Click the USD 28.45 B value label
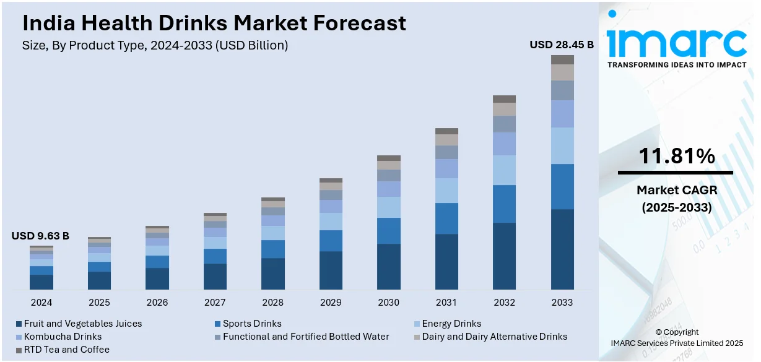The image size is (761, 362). pos(561,45)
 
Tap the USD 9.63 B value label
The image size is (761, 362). pos(40,236)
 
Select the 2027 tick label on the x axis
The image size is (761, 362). pos(215,303)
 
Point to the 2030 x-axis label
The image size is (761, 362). pos(388,303)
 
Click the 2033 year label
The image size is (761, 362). pos(562,303)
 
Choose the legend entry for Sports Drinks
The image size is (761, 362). pos(252,324)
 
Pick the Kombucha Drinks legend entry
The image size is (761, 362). pos(63,337)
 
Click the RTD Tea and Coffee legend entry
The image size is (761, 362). pos(66,350)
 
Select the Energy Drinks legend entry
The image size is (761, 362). pos(451,324)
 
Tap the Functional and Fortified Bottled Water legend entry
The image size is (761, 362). pos(306,337)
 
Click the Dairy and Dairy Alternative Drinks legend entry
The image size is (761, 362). pos(494,337)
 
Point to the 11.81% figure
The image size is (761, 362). pos(676,156)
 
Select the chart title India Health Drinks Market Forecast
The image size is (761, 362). pos(214,23)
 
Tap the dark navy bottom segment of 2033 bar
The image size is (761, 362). pos(562,249)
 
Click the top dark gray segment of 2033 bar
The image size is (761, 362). pos(562,59)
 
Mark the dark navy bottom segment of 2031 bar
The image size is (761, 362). pos(446,261)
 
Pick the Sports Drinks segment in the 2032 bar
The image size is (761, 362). pos(504,204)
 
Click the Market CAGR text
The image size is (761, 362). pos(676,191)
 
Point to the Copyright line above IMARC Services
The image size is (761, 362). pos(677,332)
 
